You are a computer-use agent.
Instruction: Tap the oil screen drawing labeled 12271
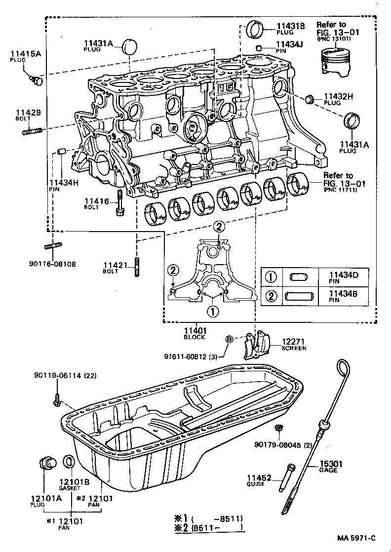(260, 346)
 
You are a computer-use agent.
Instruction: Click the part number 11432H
(338, 96)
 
